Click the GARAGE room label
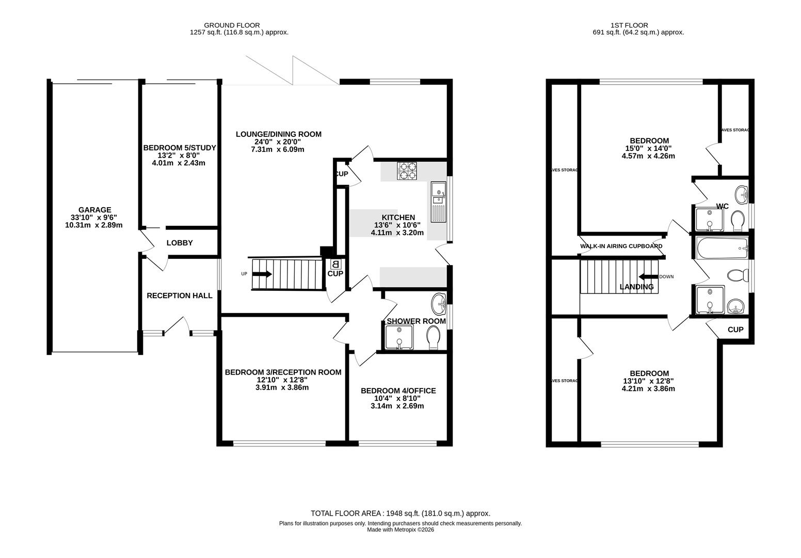[x=94, y=210]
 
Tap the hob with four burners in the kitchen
[x=408, y=171]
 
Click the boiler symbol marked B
[x=335, y=264]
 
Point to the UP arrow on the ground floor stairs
[x=262, y=274]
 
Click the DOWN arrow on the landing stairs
[x=648, y=276]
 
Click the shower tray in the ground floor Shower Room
[x=399, y=337]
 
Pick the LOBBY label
[x=180, y=243]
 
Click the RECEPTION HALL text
[x=180, y=296]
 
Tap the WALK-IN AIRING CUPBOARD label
[x=621, y=246]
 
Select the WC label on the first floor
[x=722, y=206]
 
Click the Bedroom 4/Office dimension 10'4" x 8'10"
[x=397, y=398]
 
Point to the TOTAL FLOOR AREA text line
[x=401, y=513]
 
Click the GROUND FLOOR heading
[x=232, y=25]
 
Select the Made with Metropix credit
[x=401, y=530]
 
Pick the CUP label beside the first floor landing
[x=735, y=330]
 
